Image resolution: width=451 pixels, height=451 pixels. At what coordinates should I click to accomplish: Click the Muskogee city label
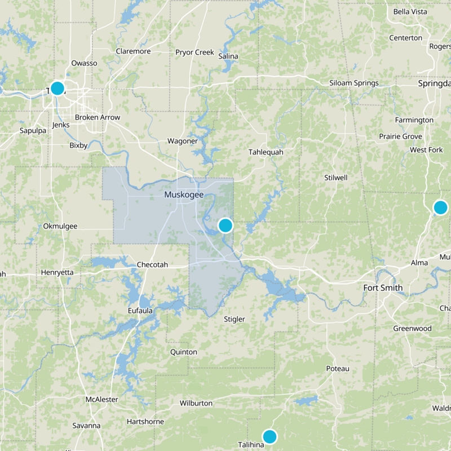click(184, 194)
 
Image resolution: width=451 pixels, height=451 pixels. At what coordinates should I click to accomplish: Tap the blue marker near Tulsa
click(57, 89)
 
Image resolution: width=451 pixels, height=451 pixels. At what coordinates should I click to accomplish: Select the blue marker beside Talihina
click(270, 436)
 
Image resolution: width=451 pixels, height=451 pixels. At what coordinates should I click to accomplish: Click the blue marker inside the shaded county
click(225, 225)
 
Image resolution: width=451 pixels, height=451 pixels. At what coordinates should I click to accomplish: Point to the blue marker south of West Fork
click(440, 207)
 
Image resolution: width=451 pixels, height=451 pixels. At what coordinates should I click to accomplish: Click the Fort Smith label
click(383, 288)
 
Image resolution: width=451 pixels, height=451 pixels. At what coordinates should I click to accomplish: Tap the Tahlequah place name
click(266, 152)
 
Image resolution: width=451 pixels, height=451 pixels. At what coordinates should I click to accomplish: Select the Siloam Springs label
click(353, 83)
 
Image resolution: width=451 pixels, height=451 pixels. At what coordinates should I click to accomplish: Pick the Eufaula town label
click(140, 310)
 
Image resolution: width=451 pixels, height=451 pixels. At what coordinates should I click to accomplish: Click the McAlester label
click(101, 400)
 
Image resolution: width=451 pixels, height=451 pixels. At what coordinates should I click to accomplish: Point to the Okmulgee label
click(60, 226)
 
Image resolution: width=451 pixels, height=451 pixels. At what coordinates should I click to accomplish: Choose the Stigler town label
click(235, 319)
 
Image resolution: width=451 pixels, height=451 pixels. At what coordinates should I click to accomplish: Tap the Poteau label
click(338, 369)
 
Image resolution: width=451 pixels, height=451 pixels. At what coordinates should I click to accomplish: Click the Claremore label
click(133, 51)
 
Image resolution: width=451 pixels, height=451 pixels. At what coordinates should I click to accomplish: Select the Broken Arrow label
click(98, 117)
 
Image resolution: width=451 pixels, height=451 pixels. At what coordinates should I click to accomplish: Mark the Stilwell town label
click(336, 178)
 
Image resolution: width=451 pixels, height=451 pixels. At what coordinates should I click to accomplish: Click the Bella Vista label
click(410, 11)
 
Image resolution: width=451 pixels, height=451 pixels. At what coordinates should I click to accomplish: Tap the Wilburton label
click(196, 403)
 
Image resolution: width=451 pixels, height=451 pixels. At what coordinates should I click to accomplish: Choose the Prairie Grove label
click(400, 136)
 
